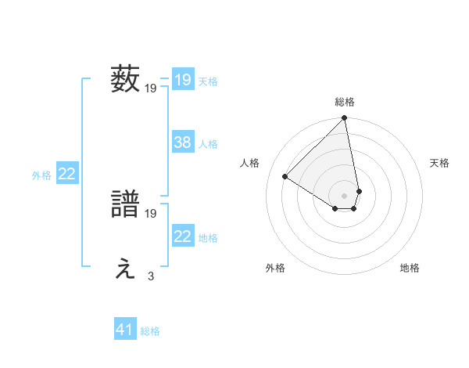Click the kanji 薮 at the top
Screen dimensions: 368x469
point(125,80)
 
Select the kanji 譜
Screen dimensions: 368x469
point(125,205)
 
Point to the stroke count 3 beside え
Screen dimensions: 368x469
point(151,276)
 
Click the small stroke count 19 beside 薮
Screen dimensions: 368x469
point(151,88)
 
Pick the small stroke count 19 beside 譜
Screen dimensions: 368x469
point(151,213)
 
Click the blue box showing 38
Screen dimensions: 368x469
point(182,143)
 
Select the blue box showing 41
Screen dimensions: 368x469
point(125,330)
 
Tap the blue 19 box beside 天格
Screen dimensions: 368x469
point(182,80)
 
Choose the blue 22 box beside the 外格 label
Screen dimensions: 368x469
point(66,175)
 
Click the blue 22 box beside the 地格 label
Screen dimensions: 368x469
point(182,236)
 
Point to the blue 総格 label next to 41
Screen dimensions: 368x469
point(150,331)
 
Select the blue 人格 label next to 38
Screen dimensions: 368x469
point(208,143)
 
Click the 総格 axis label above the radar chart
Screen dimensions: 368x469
point(345,102)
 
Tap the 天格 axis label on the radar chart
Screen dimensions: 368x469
point(439,163)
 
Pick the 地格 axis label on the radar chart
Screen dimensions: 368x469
point(410,268)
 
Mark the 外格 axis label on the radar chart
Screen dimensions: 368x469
point(275,268)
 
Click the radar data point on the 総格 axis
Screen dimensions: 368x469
point(345,119)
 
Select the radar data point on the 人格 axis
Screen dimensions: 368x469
point(285,176)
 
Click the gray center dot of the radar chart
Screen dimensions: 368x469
point(345,195)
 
